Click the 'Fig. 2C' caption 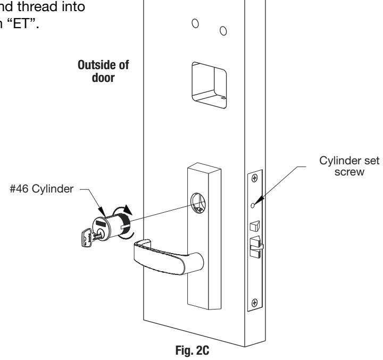point(192,350)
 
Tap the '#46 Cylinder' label point(41,189)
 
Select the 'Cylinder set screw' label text point(349,166)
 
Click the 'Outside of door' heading point(103,71)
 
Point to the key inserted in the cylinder point(89,238)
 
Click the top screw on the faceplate point(254,178)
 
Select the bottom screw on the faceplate point(254,303)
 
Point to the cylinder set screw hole point(253,206)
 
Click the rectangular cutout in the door point(209,85)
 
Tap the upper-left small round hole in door point(195,23)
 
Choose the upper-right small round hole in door point(223,31)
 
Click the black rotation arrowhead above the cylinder point(127,210)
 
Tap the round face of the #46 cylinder point(102,229)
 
